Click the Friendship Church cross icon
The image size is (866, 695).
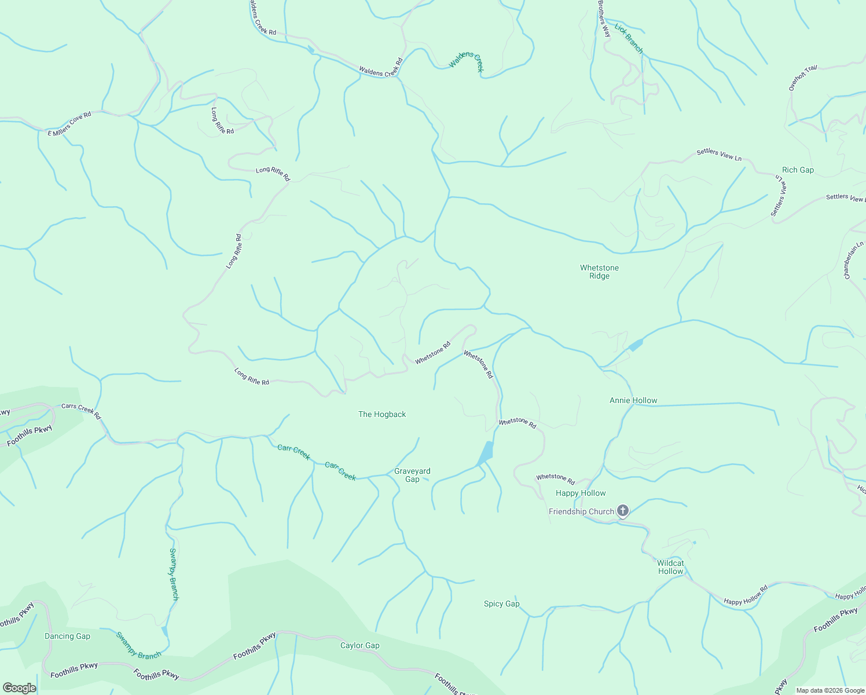[622, 511]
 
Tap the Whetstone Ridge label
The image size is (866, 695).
[599, 272]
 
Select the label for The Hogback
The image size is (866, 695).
[382, 414]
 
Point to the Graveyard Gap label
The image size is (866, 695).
[412, 475]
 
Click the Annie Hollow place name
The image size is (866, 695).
[633, 400]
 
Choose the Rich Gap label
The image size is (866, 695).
[798, 170]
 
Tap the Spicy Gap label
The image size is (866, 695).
[501, 603]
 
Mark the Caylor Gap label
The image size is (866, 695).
[359, 645]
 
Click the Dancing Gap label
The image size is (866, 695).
[67, 636]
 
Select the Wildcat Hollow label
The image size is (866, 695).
[670, 567]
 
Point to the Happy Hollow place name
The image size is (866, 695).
[581, 493]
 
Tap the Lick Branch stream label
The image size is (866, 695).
[629, 39]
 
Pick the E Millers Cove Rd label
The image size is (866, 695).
[69, 124]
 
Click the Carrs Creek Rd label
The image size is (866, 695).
[81, 411]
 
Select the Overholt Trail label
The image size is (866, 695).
[803, 78]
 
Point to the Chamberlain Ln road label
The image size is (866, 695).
[853, 260]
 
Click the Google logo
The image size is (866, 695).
[19, 688]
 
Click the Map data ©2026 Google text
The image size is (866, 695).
[830, 690]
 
